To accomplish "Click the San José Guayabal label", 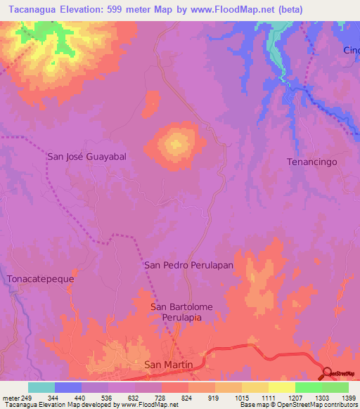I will [86, 157].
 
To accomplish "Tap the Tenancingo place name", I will [312, 162].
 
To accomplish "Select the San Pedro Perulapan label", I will [188, 266].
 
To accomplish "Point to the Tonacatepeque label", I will [40, 279].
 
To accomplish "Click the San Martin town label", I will [167, 365].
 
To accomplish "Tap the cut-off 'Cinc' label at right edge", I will [351, 51].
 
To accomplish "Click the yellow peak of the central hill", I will [176, 145].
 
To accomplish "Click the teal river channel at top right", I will [274, 46].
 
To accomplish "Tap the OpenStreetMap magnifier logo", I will [328, 372].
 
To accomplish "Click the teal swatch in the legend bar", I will [41, 387].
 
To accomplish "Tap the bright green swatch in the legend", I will [308, 387].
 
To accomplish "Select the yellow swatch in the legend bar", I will [281, 387].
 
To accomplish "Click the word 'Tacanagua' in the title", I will [31, 10].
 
